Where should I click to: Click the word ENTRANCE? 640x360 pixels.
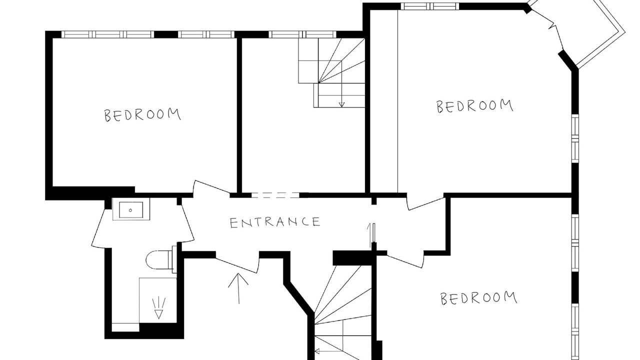275,222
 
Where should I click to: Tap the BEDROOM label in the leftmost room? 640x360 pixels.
142,115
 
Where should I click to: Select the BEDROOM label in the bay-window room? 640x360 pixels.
475,106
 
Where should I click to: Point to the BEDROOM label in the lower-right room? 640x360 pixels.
479,298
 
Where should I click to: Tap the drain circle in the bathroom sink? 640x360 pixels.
130,210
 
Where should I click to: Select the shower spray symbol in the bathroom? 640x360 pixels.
158,307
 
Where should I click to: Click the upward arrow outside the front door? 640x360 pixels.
238,288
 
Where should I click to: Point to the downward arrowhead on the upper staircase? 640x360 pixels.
341,104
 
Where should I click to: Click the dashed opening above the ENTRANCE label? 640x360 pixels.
275,195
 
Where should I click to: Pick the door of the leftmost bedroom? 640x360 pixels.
212,188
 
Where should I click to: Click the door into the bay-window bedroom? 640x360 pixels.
425,203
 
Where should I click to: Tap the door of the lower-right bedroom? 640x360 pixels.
405,260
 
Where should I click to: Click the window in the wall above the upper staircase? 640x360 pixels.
302,34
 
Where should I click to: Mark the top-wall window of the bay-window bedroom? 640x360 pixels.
430,6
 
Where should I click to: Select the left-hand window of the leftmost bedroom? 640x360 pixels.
107,34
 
